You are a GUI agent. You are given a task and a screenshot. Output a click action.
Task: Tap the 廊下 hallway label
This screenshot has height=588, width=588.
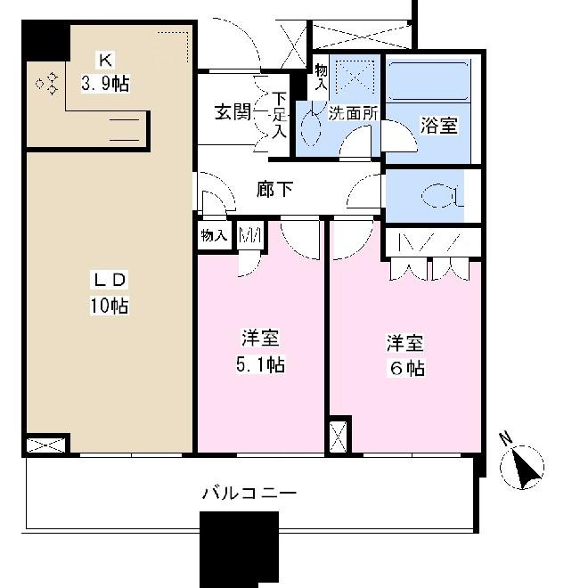[x=274, y=190]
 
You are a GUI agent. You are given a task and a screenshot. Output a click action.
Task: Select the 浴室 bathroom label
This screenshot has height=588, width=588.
[x=438, y=126]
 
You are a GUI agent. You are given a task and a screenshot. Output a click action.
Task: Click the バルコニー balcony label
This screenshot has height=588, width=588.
[x=249, y=492]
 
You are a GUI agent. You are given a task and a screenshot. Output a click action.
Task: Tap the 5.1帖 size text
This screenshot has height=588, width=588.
[x=261, y=364]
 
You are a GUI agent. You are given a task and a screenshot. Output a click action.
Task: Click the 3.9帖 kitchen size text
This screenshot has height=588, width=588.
[x=105, y=85]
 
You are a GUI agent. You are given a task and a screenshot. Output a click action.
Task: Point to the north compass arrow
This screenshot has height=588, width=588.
[x=526, y=465]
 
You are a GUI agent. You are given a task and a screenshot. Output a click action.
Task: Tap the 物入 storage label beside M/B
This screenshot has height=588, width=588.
[x=214, y=237]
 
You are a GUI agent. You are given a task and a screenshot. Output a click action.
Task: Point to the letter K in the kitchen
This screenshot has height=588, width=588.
[x=105, y=61]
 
